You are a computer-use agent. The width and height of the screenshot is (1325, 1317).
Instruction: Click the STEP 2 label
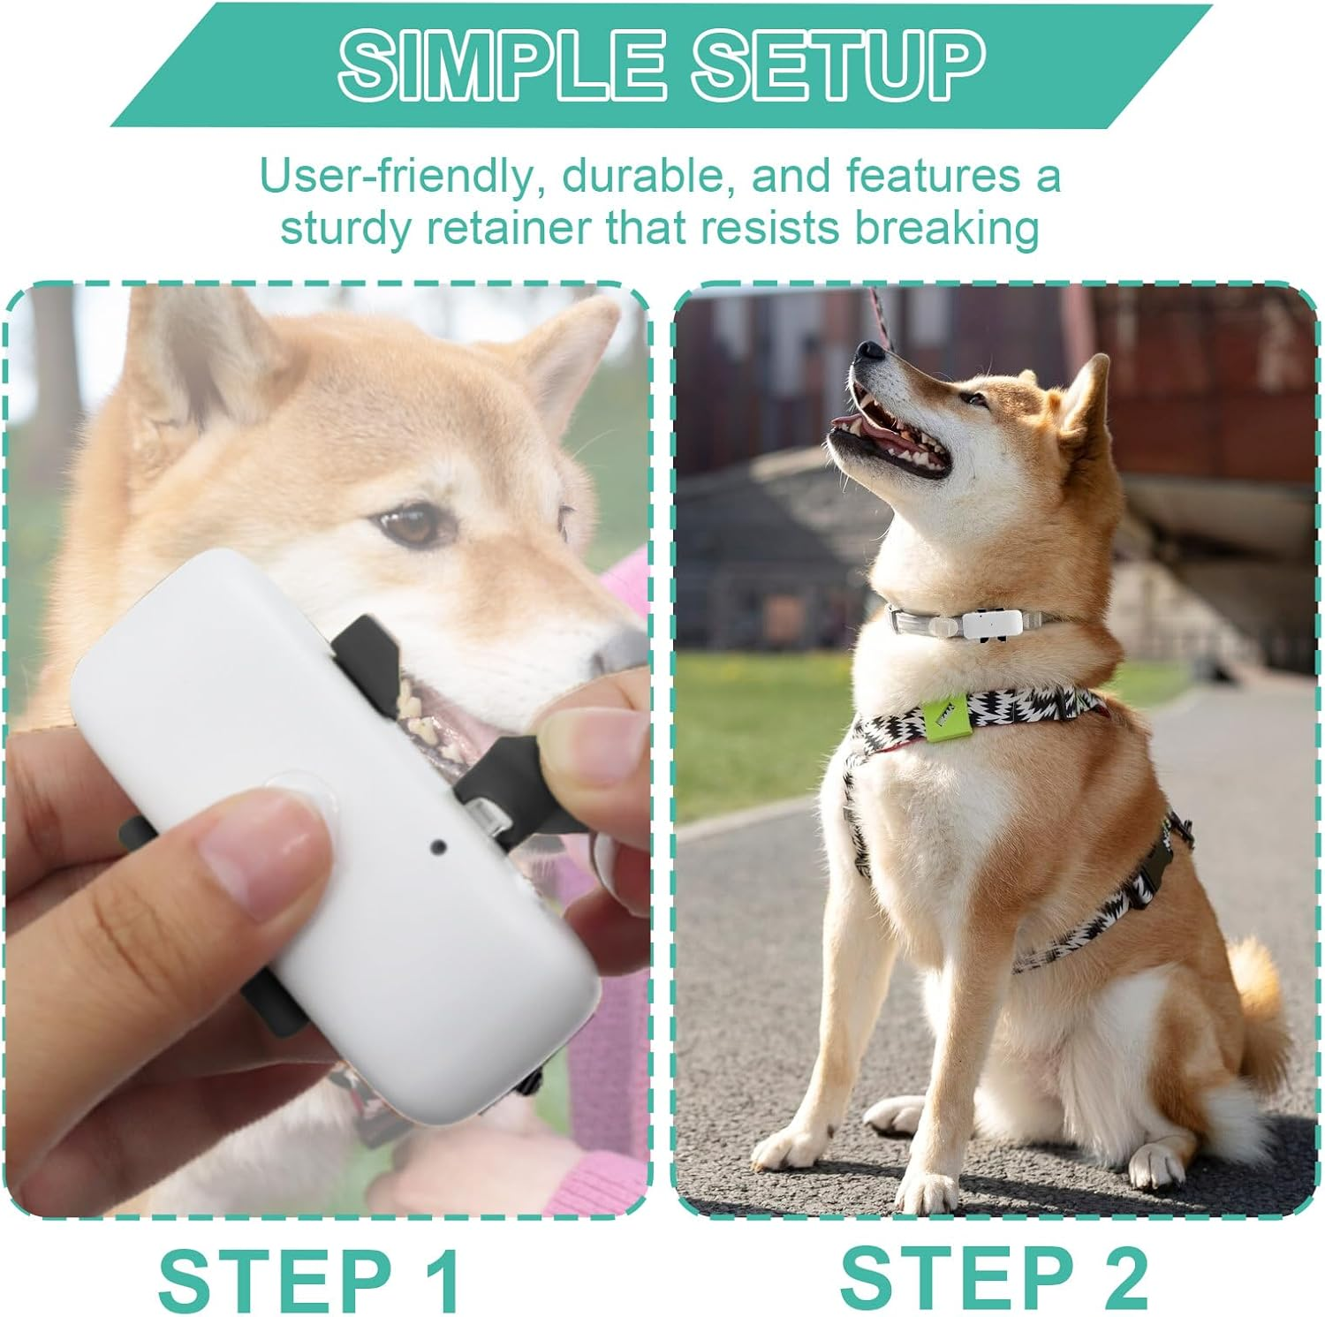(993, 1272)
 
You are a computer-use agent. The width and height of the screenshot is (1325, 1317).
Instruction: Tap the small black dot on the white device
(436, 847)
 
